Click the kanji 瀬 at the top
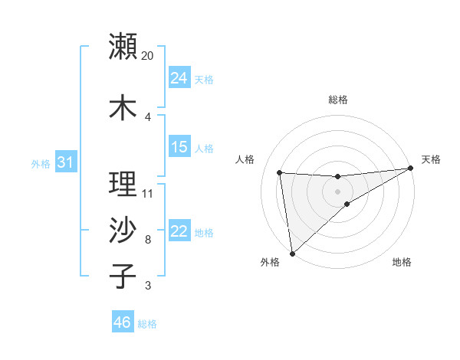pyautogui.click(x=123, y=46)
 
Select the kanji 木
pyautogui.click(x=123, y=107)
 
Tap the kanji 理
pyautogui.click(x=123, y=185)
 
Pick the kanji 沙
pyautogui.click(x=123, y=230)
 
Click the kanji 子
pyautogui.click(x=123, y=276)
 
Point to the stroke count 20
pyautogui.click(x=148, y=55)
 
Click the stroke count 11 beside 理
pyautogui.click(x=148, y=193)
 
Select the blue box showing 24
pyautogui.click(x=179, y=78)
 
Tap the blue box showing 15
pyautogui.click(x=179, y=147)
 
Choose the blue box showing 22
pyautogui.click(x=179, y=231)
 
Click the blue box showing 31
pyautogui.click(x=66, y=162)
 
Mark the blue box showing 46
pyautogui.click(x=123, y=322)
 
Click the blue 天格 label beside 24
pyautogui.click(x=204, y=80)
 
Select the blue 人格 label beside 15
pyautogui.click(x=204, y=149)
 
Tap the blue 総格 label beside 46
pyautogui.click(x=147, y=324)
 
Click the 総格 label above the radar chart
pyautogui.click(x=338, y=100)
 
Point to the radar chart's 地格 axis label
pyautogui.click(x=402, y=262)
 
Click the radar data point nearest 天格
pyautogui.click(x=411, y=169)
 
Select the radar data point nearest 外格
pyautogui.click(x=291, y=253)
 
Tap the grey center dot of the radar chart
pyautogui.click(x=338, y=191)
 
